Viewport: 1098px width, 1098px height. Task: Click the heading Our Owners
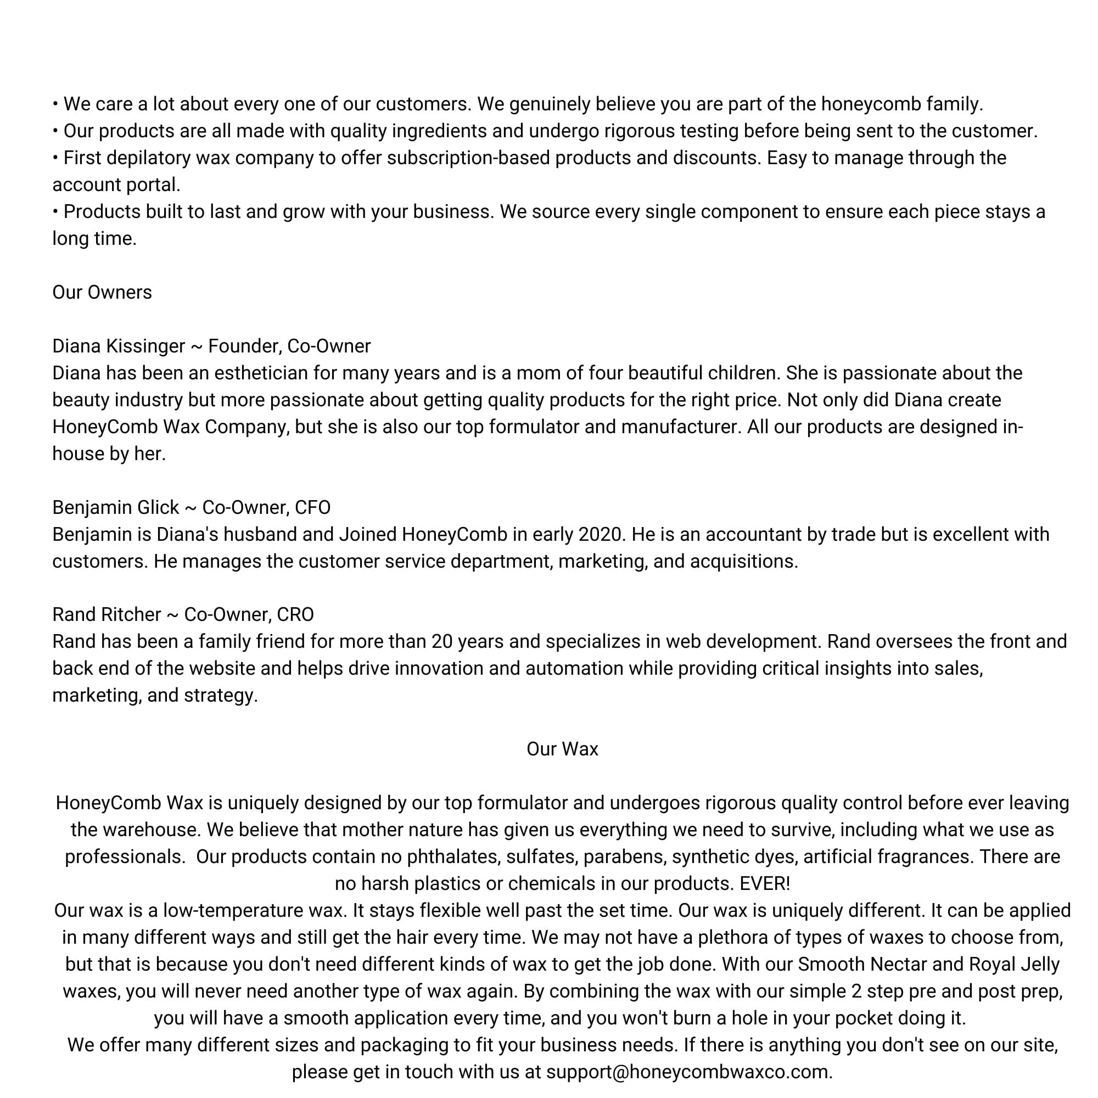point(102,292)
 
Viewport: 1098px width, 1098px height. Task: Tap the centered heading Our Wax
point(562,749)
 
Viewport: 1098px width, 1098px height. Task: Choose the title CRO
point(295,614)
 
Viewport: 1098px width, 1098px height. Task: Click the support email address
point(689,1072)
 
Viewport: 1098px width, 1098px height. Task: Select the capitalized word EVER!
point(764,884)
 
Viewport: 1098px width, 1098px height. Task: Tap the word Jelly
point(1038,965)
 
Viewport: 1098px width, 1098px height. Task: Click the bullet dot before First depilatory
point(55,158)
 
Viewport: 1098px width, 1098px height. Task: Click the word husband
point(262,534)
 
